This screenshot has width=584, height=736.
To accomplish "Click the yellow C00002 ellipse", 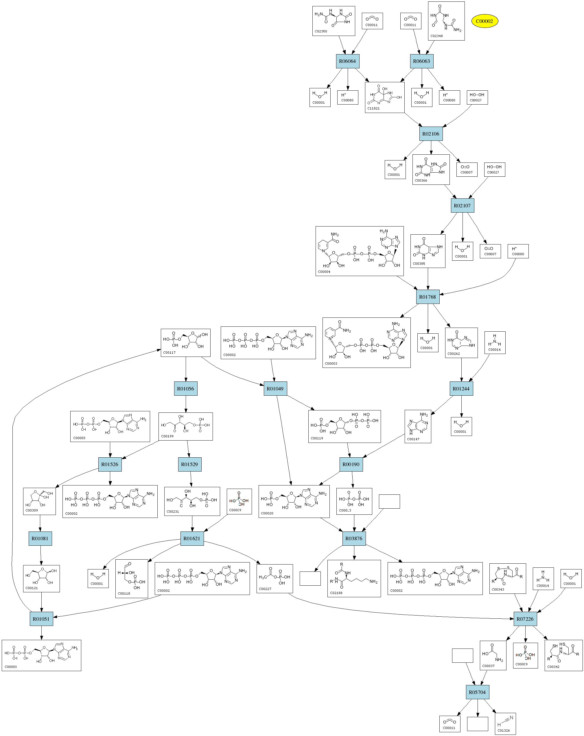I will (484, 21).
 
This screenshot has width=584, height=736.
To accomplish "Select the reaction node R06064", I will (347, 61).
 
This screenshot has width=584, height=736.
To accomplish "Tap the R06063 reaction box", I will (421, 61).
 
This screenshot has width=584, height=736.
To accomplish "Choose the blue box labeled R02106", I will (431, 134).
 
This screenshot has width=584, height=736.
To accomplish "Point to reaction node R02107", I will (462, 206).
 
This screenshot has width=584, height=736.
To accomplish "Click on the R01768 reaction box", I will (428, 297).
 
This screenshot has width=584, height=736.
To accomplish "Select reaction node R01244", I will (461, 389).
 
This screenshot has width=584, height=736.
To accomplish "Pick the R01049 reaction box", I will (275, 389).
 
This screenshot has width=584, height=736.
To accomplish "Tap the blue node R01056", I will (185, 389).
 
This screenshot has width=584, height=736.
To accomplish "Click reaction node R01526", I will (110, 465).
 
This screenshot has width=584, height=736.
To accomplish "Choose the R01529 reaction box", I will (189, 465).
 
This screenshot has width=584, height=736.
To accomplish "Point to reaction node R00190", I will (351, 465).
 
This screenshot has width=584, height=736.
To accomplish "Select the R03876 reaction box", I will (354, 539).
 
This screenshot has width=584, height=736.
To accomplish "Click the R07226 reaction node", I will (525, 619).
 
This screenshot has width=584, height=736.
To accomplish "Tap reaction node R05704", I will (477, 692).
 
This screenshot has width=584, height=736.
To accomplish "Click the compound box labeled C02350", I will (334, 21).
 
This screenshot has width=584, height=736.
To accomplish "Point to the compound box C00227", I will (275, 579).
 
